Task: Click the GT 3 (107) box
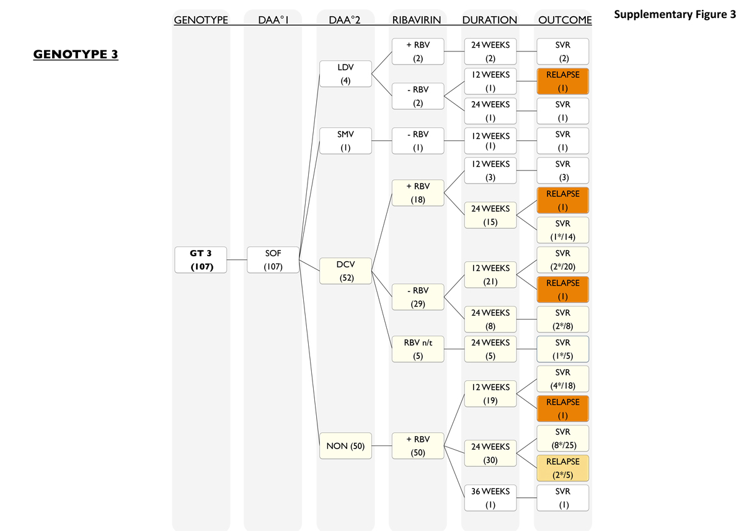(201, 259)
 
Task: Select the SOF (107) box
(273, 259)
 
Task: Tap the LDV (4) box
(345, 73)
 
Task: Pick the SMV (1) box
(345, 140)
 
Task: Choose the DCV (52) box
(345, 270)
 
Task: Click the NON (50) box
(345, 447)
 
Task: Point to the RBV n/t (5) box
(418, 349)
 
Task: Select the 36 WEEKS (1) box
(490, 498)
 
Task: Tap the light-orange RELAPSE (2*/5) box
(563, 468)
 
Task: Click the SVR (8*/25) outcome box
(563, 438)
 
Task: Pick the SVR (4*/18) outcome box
(563, 378)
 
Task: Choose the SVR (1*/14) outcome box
(563, 230)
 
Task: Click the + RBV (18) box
(418, 192)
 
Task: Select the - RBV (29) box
(418, 297)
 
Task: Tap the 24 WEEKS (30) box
(490, 453)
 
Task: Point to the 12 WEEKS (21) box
(490, 274)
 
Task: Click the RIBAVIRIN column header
(417, 20)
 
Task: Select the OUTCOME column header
(564, 20)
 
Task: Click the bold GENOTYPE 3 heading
(76, 55)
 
